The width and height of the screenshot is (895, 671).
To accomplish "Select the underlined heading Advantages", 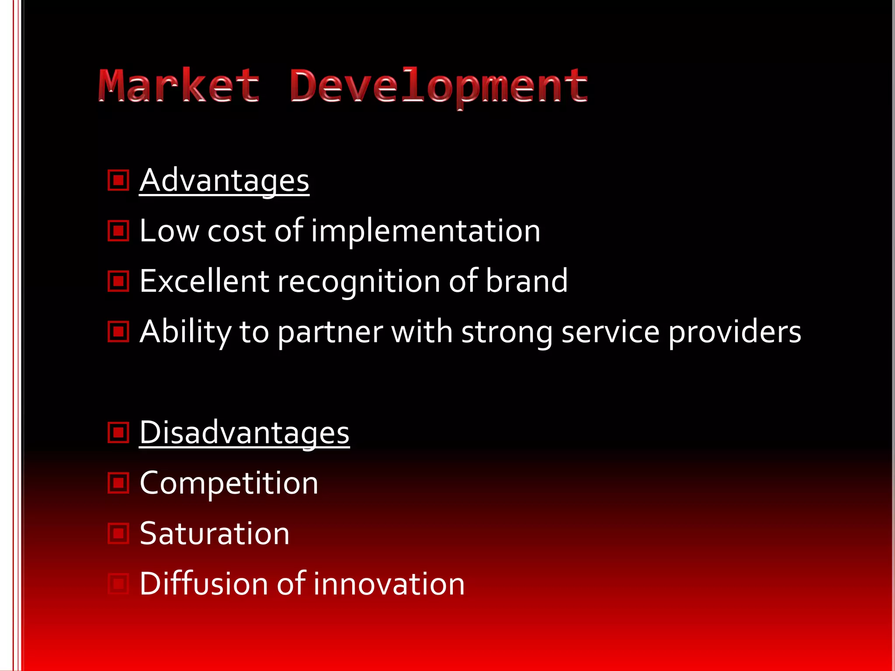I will point(224,180).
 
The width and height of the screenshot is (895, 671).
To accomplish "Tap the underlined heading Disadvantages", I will point(244,432).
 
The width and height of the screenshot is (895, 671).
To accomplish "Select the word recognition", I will point(359,282).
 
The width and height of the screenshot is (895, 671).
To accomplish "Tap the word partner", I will point(330,332).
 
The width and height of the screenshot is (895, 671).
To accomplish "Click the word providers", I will point(735,332).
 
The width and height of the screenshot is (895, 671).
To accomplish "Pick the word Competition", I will point(229,483).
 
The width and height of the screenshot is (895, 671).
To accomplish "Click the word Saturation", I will point(215,533).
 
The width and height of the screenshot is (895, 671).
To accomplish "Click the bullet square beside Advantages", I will point(118,180).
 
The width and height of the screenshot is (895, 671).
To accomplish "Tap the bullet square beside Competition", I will point(118,483).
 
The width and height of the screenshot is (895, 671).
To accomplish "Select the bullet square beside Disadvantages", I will point(118,432).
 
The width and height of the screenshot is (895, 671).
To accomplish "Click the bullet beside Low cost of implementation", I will point(118,231).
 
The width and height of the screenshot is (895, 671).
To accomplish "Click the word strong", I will point(507,332).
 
